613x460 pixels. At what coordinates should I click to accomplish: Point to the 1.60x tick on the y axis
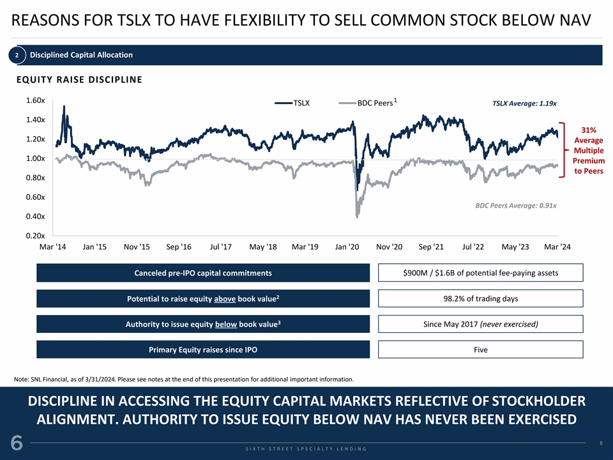pyautogui.click(x=35, y=101)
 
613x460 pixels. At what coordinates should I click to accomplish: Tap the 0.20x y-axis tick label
pyautogui.click(x=35, y=236)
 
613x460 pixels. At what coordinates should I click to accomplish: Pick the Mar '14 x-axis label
pyautogui.click(x=52, y=247)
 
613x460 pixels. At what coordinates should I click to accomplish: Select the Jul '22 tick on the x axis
pyautogui.click(x=475, y=247)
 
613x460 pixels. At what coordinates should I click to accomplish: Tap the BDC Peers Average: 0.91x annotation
pyautogui.click(x=516, y=206)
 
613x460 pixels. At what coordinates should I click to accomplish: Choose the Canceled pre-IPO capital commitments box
pyautogui.click(x=203, y=273)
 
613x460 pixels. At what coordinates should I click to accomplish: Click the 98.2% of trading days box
pyautogui.click(x=480, y=299)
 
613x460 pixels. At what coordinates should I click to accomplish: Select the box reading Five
pyautogui.click(x=480, y=349)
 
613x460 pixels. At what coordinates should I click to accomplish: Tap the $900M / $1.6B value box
pyautogui.click(x=480, y=273)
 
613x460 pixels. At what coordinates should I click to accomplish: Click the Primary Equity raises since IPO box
pyautogui.click(x=203, y=349)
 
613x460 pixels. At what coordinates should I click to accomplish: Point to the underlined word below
pyautogui.click(x=226, y=325)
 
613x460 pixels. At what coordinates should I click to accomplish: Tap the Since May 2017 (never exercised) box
pyautogui.click(x=480, y=324)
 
